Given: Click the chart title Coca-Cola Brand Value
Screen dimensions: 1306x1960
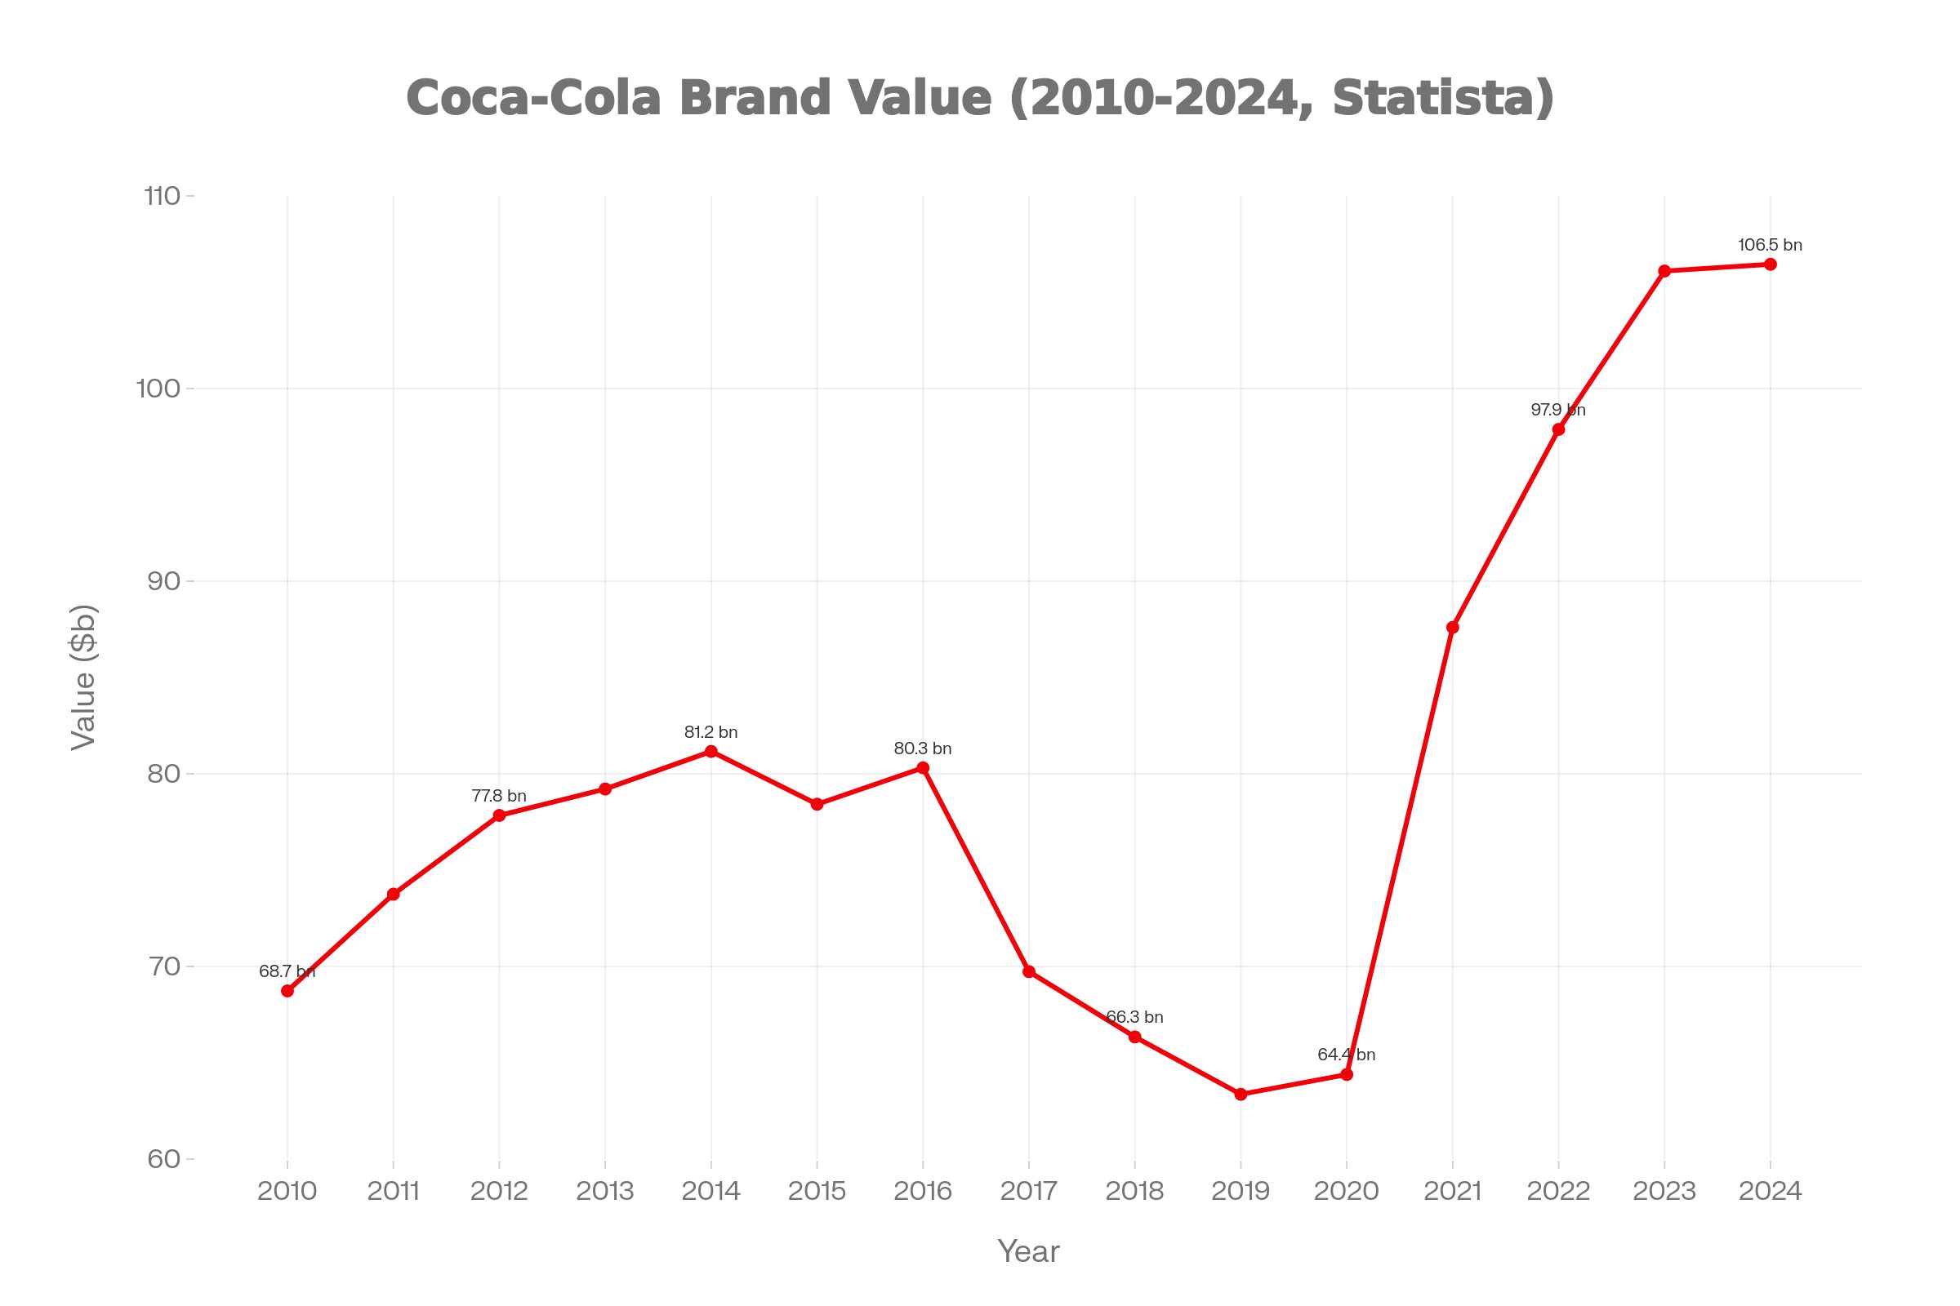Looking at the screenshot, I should (980, 97).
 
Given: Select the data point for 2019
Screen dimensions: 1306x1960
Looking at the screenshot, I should (1241, 1095).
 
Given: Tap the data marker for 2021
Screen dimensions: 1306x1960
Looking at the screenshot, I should (1453, 627).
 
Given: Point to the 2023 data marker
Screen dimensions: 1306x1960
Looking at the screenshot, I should (1664, 271).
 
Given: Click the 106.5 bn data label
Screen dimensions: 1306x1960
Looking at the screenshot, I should (1770, 246).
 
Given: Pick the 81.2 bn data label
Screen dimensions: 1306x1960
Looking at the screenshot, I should (710, 732).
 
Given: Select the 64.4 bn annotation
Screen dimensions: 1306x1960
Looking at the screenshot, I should (1346, 1055).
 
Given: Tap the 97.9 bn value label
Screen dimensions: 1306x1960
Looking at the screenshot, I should (1557, 410).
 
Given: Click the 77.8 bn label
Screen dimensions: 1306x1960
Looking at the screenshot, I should (498, 797).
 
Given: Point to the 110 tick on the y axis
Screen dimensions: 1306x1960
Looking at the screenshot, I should (163, 197).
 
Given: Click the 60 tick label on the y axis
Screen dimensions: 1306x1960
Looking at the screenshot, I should (164, 1158).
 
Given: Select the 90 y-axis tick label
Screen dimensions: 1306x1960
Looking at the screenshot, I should (164, 581).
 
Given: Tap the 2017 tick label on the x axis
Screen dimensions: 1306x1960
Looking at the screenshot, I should (1028, 1191).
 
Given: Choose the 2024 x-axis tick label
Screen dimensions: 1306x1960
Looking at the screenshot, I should (1770, 1191).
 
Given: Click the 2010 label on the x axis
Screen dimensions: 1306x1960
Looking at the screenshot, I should (287, 1191).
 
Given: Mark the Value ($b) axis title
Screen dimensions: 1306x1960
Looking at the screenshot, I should (84, 677).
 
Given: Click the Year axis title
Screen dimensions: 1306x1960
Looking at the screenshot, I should (1028, 1252).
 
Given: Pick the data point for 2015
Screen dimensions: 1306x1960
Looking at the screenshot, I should (817, 805).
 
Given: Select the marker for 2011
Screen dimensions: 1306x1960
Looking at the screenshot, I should (394, 895).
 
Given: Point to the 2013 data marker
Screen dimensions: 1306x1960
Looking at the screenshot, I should (605, 788).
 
